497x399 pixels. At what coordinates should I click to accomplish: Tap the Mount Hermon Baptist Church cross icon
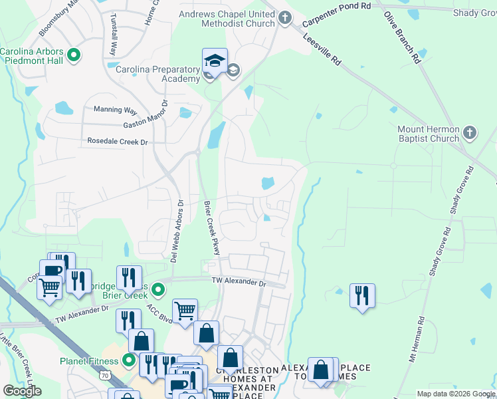pos(469,133)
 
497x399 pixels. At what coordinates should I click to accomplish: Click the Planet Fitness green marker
pos(129,362)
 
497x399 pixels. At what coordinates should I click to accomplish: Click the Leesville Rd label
pos(322,51)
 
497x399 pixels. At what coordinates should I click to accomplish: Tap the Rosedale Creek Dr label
pos(117,142)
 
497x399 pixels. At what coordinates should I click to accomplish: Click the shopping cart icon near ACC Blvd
pos(185,309)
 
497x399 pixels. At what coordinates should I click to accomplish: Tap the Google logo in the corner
pos(21,390)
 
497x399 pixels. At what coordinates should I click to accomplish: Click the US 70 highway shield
pos(106,375)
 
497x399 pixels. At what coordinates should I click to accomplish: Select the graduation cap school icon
pos(215,60)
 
